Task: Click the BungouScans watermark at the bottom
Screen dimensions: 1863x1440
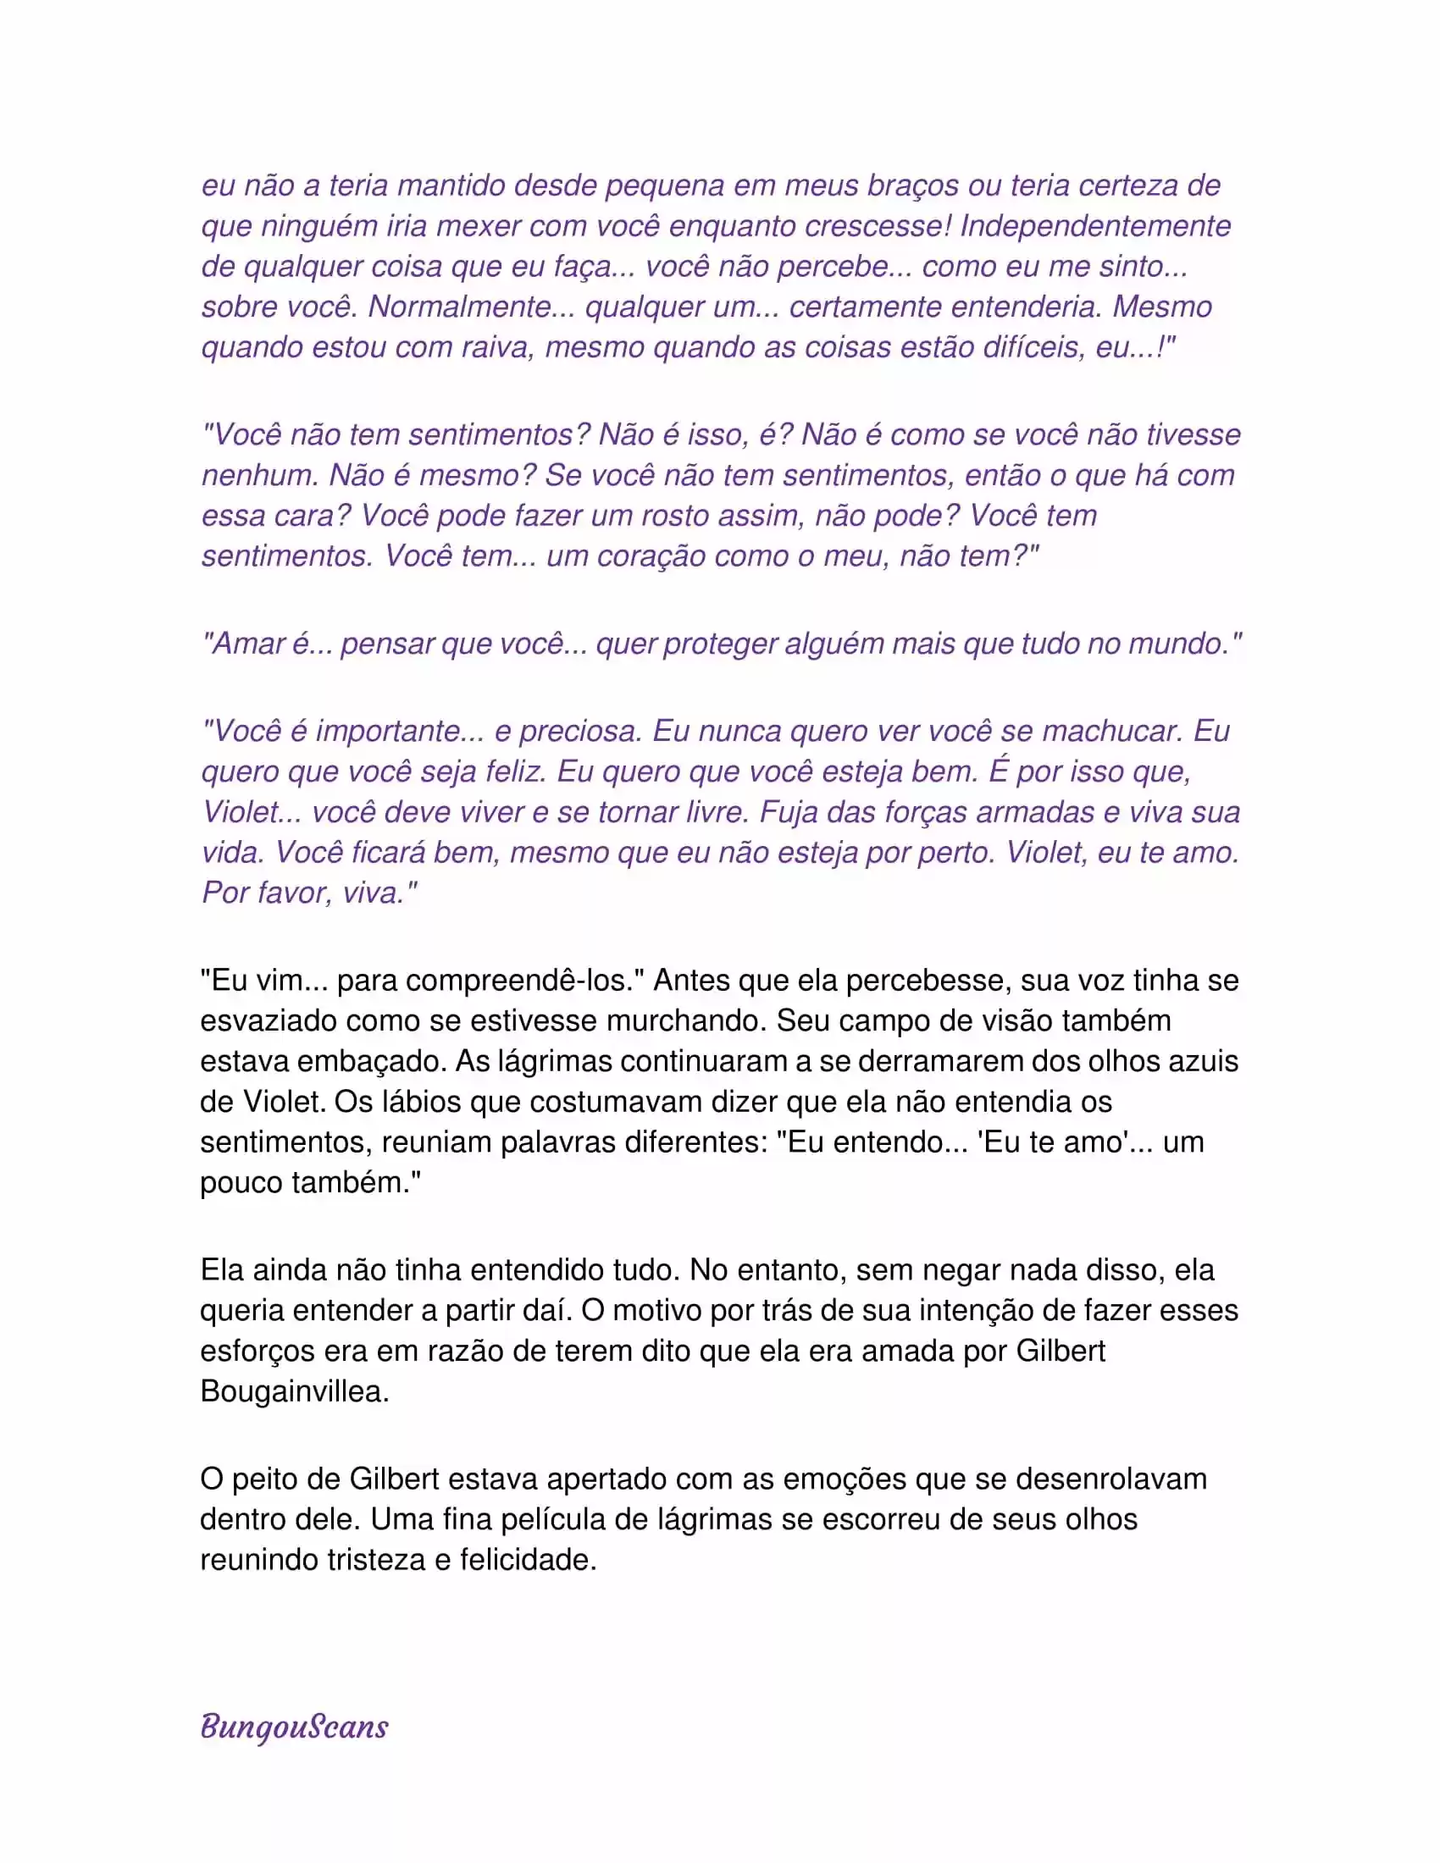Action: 294,1727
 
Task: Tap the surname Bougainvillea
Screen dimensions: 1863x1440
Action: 294,1391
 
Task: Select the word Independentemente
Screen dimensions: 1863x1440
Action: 1095,226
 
